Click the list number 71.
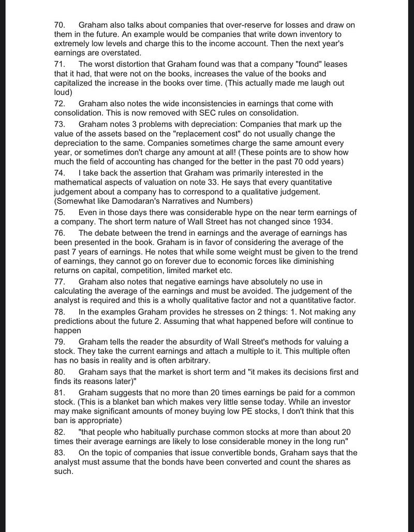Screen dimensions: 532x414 coord(61,64)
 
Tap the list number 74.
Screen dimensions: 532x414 coord(61,173)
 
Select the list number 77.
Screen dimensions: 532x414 coord(61,282)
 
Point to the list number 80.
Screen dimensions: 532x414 coord(61,372)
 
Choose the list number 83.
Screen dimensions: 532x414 coord(61,453)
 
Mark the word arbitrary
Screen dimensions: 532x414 coord(189,360)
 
